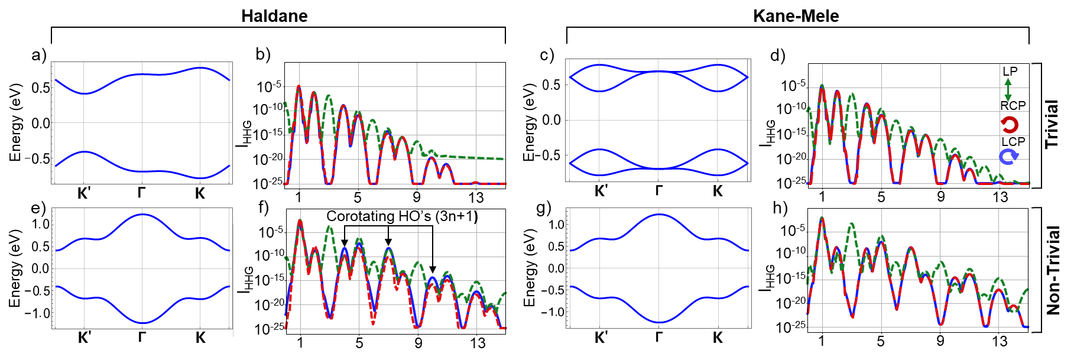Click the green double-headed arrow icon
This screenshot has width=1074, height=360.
[1008, 90]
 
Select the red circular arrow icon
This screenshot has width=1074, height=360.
[1010, 125]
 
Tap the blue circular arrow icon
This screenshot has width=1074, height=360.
[1008, 156]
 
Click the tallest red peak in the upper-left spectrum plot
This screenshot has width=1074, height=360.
[298, 87]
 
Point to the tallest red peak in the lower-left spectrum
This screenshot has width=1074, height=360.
[300, 221]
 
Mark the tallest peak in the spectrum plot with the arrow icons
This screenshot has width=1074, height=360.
[822, 86]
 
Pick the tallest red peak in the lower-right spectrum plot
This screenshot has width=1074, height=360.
[822, 219]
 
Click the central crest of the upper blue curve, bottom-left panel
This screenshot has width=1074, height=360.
[142, 215]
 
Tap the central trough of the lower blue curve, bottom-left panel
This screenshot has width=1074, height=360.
[142, 323]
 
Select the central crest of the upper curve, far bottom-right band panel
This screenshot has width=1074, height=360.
[658, 215]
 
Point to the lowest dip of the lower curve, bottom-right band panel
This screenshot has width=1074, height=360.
[658, 322]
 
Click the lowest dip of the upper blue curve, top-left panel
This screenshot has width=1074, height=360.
[85, 93]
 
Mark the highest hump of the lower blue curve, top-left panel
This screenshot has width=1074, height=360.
[85, 152]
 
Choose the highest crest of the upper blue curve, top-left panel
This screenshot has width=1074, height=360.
[200, 68]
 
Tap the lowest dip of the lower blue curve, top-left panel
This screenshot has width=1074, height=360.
[200, 177]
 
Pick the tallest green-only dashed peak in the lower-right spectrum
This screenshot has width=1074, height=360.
[852, 224]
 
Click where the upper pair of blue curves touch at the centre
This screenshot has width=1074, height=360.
[658, 72]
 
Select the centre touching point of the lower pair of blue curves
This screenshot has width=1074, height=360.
[658, 168]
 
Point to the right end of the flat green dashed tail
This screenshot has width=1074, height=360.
[504, 158]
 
